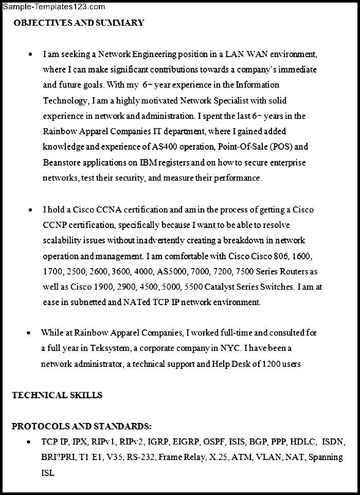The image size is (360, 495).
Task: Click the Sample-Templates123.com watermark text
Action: point(53,7)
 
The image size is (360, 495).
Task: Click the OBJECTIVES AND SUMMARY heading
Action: point(79,23)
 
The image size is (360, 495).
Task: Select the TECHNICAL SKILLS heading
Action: point(57,395)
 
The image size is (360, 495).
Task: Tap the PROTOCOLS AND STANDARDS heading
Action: point(82,426)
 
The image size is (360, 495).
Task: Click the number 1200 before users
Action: point(271,364)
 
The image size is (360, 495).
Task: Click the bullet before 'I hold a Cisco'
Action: point(31,210)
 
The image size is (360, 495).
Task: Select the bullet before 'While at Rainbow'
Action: point(29,333)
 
